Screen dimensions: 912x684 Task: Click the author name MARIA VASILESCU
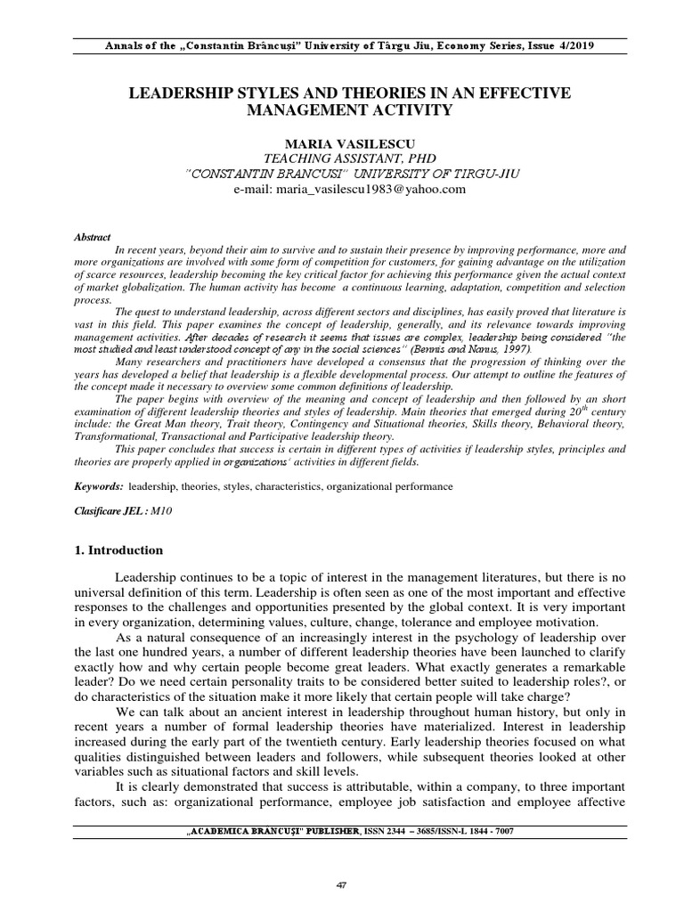click(x=342, y=143)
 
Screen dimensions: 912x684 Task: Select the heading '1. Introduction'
click(x=118, y=550)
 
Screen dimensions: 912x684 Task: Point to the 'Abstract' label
click(x=92, y=238)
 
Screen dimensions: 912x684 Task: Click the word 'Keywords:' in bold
click(x=98, y=487)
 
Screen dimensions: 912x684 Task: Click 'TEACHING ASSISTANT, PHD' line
click(x=342, y=159)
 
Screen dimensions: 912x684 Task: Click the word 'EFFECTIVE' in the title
click(x=523, y=93)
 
